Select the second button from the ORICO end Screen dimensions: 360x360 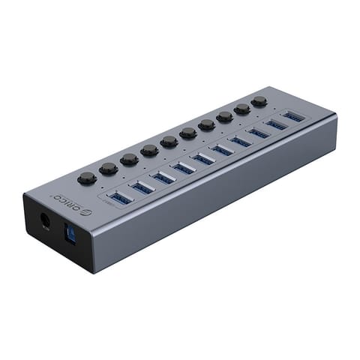[109, 168]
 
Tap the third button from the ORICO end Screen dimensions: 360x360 [129, 159]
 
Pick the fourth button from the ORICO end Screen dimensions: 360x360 [149, 150]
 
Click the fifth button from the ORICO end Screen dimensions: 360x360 [169, 141]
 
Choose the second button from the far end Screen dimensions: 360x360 [241, 109]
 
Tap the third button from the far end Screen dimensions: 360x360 [224, 116]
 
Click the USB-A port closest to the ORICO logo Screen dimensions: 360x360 [119, 197]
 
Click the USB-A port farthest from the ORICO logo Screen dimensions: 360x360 [294, 117]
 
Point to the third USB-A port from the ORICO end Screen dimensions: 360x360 [163, 178]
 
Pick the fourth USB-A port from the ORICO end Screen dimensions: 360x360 [183, 168]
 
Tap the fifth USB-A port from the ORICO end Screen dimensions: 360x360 [202, 159]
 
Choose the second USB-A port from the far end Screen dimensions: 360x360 [276, 125]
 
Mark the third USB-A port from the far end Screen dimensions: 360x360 [258, 133]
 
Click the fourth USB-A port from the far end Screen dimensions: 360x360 [240, 142]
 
